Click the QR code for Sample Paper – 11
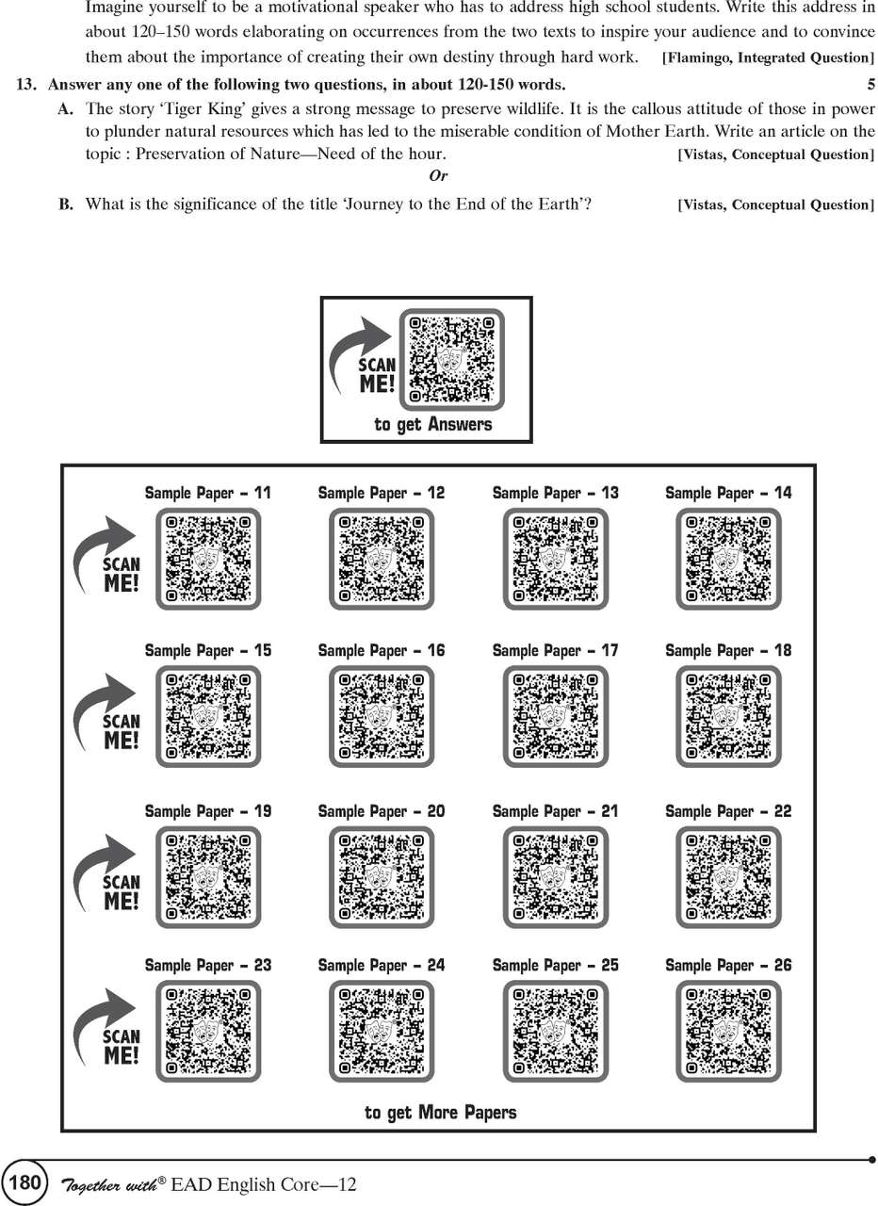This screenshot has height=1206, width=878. point(208,559)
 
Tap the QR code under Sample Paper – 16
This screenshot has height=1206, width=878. point(382,716)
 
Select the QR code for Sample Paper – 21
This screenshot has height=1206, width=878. point(556,877)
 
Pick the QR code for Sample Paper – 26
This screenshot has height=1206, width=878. point(728,1031)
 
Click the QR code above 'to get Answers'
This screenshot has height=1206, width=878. point(451,359)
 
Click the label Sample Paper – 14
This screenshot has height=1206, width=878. point(728,493)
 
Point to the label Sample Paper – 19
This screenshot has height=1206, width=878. point(208,811)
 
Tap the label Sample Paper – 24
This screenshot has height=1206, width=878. point(382,965)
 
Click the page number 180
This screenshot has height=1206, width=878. point(24,1182)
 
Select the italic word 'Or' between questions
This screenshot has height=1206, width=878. point(438,176)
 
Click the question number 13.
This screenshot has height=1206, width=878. point(26,85)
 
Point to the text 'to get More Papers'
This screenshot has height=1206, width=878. point(440,1113)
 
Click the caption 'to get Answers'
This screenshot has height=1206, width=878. point(433,424)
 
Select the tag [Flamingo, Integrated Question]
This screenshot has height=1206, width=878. point(768,57)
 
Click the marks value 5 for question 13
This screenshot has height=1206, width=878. point(871,85)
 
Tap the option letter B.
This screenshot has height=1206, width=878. point(65,204)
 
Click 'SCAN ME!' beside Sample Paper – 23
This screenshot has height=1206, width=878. point(122,1047)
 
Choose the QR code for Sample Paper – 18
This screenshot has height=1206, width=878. point(728,716)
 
